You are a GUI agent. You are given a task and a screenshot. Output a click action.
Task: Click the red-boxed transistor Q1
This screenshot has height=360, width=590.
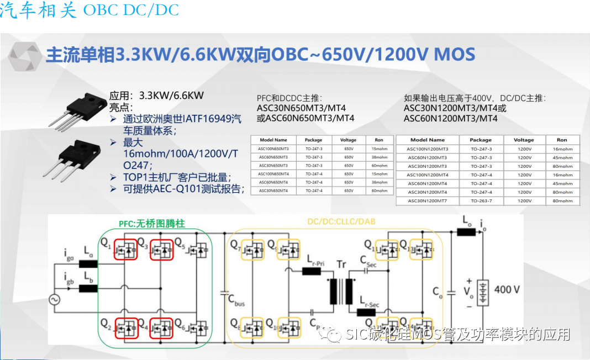[125, 250]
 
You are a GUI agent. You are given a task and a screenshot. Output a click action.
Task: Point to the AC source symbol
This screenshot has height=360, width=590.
[55, 299]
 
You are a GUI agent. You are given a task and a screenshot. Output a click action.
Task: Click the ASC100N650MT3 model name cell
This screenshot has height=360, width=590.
[273, 149]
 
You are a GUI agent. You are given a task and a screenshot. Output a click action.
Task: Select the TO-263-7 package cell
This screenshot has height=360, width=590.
[481, 201]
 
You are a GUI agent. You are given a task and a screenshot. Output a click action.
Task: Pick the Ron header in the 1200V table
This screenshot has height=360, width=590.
[562, 140]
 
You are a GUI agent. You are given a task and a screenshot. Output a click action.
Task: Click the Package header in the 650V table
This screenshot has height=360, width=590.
[313, 140]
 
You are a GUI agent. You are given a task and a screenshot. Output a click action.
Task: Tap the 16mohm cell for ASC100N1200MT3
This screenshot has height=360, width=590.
[562, 149]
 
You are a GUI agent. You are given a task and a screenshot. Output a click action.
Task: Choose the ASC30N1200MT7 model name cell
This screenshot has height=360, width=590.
[428, 201]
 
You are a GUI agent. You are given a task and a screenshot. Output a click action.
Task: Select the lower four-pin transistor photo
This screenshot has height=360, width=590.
[77, 157]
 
